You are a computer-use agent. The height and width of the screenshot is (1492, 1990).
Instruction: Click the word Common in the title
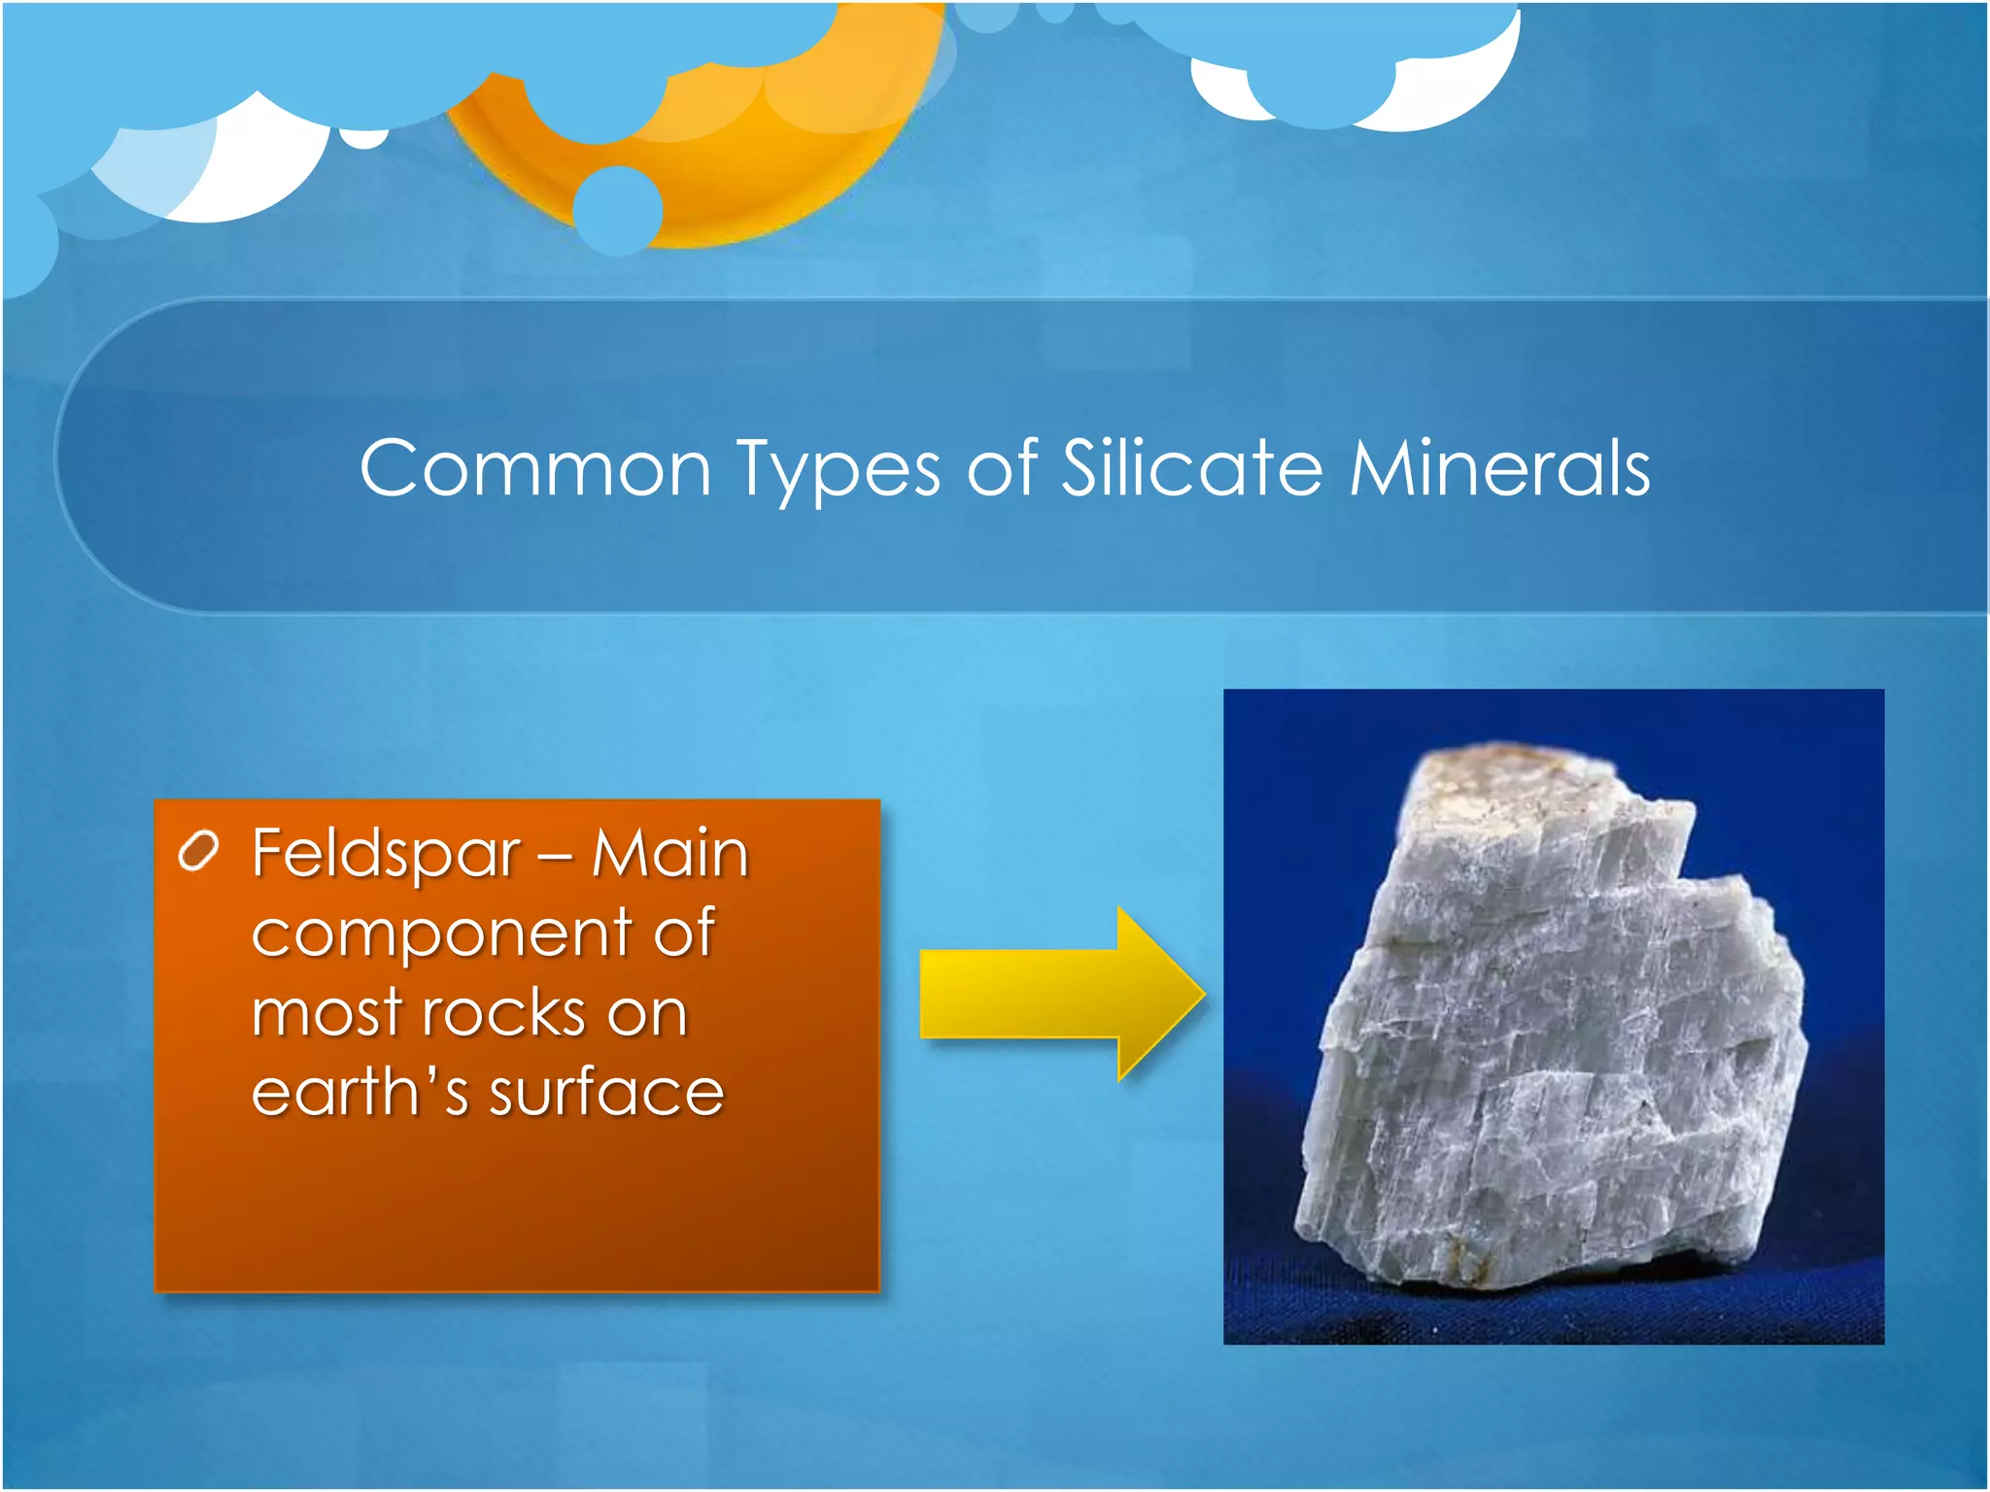click(535, 469)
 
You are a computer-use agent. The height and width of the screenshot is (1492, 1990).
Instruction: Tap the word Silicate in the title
click(1191, 467)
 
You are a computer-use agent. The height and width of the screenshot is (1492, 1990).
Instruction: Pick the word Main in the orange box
click(669, 854)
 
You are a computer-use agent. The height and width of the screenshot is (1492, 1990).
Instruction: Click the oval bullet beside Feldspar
click(198, 852)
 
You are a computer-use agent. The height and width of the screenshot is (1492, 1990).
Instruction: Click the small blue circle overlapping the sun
click(618, 210)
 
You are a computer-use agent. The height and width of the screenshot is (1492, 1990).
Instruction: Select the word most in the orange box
click(326, 1014)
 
